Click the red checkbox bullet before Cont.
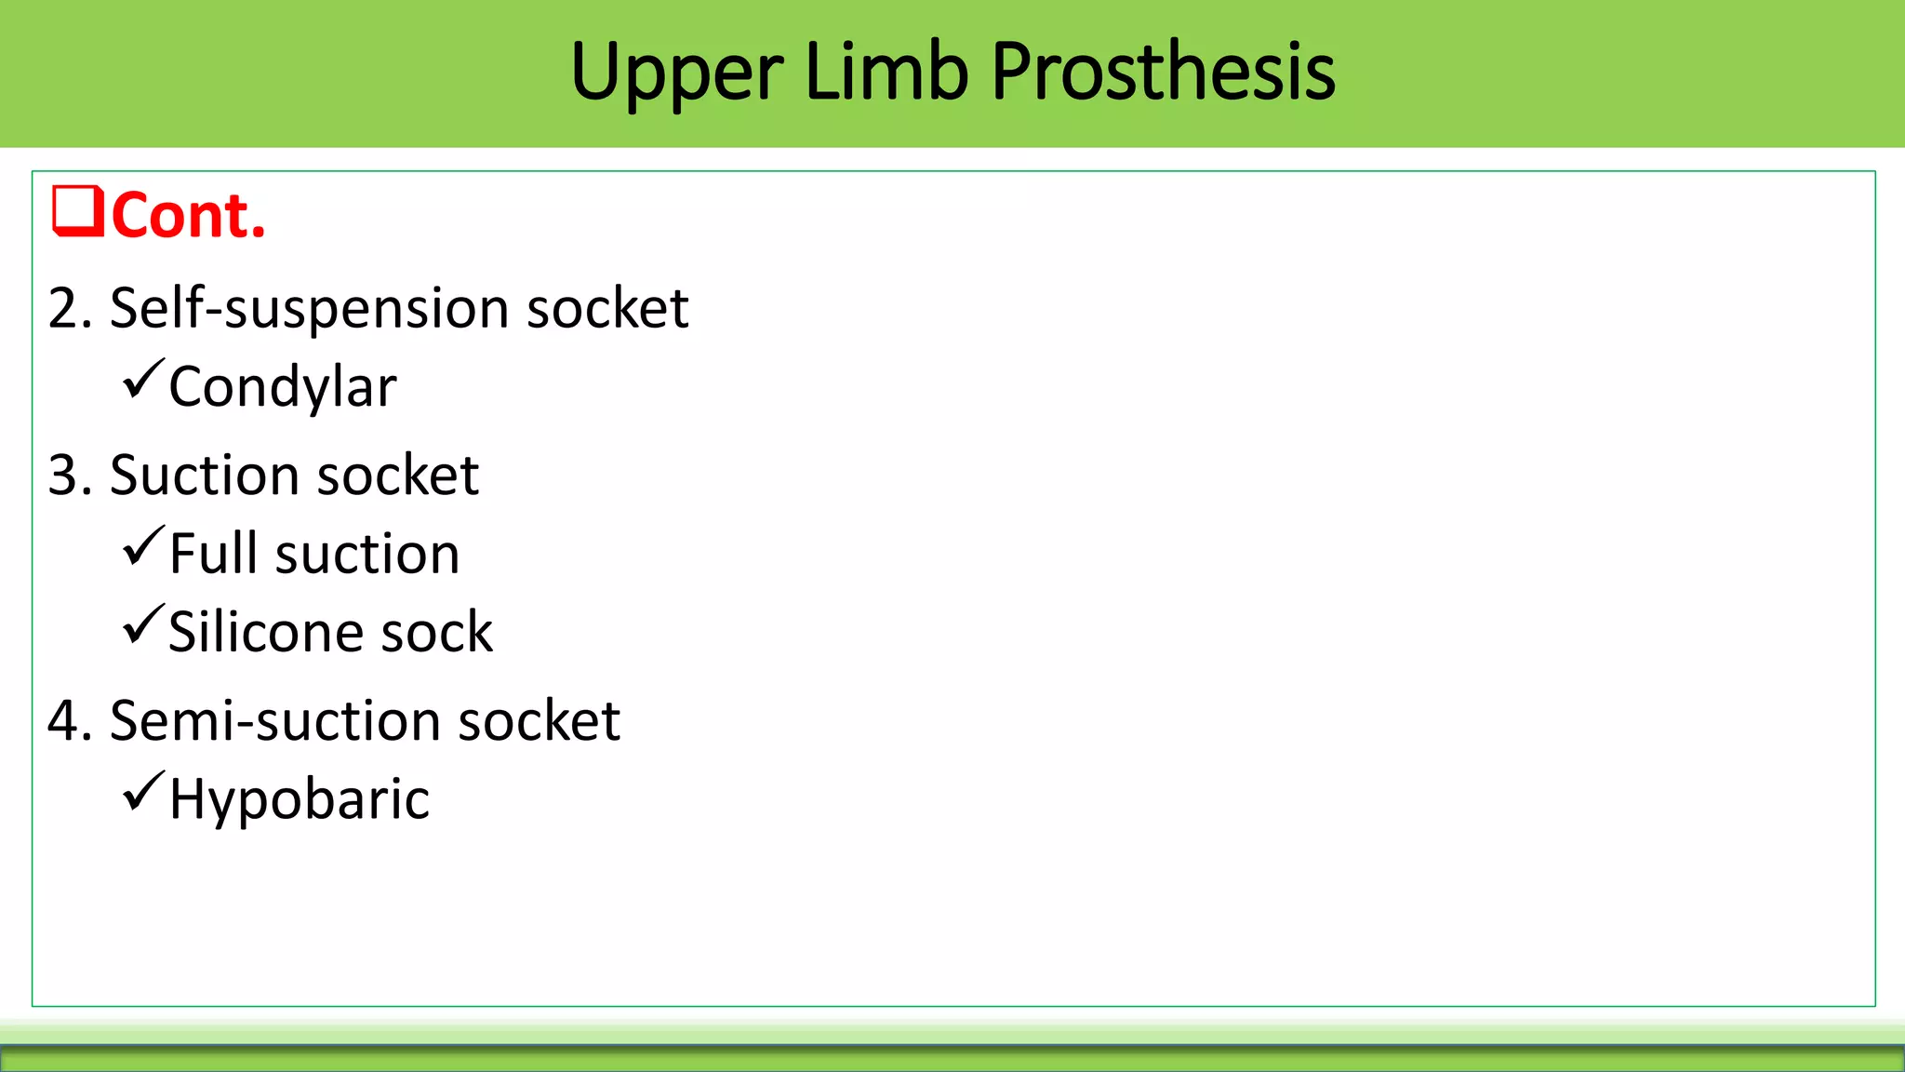pos(77,212)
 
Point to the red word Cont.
pos(189,216)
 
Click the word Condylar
pos(283,387)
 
